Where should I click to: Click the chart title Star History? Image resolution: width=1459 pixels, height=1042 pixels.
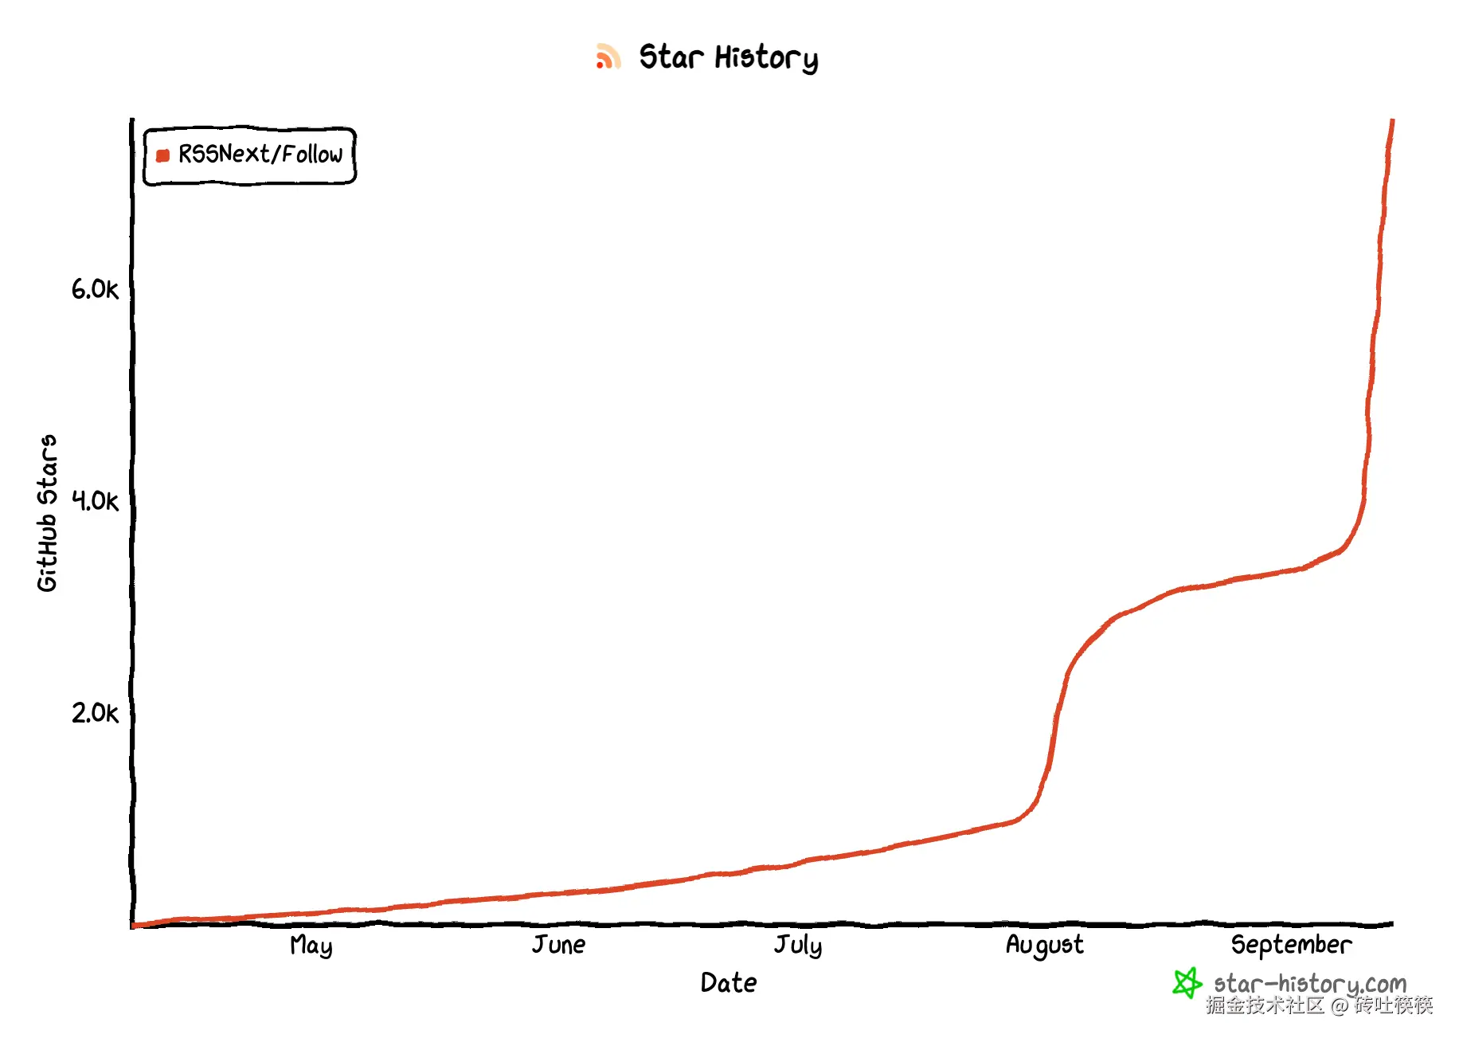point(728,57)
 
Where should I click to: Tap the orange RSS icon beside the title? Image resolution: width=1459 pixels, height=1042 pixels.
point(608,57)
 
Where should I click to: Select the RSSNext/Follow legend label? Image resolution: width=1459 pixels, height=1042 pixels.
point(260,154)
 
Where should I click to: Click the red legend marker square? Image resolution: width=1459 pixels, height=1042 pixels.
point(163,155)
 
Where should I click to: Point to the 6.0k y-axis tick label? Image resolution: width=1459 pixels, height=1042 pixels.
point(95,288)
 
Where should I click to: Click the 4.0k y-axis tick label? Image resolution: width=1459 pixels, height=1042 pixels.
point(95,500)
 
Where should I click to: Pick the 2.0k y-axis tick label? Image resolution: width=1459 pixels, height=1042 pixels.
point(95,712)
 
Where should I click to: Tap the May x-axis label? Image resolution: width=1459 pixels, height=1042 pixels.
point(311,946)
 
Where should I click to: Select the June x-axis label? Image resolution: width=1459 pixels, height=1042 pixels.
point(559,945)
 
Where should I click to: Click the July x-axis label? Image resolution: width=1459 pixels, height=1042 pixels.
point(798,946)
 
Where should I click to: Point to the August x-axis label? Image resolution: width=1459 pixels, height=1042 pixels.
point(1045,946)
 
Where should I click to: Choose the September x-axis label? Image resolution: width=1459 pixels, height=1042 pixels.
point(1292,946)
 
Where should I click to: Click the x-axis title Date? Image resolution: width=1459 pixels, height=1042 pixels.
point(729,983)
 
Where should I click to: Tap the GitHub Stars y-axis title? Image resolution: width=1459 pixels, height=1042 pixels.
point(48,513)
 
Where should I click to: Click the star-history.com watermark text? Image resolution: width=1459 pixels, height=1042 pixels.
point(1310,985)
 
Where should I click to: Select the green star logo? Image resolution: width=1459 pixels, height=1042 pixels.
point(1187,983)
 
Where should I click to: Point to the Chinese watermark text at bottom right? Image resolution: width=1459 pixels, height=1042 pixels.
point(1319,1005)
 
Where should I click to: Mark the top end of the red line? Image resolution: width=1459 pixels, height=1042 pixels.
point(1392,121)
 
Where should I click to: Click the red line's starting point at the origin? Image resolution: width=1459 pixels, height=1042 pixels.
point(134,926)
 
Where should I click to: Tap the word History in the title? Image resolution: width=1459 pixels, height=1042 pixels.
point(766,58)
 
